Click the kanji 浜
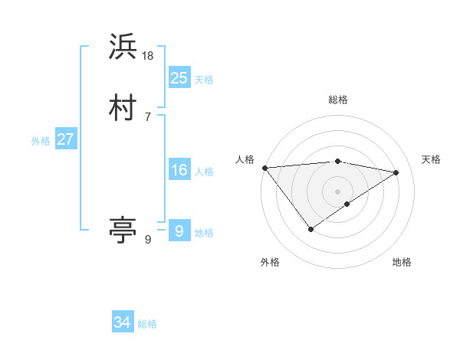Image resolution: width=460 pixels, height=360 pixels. [123, 47]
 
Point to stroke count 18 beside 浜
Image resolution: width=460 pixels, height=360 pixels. [148, 55]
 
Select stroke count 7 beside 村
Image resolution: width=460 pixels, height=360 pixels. [148, 116]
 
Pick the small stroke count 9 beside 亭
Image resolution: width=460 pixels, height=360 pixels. [148, 240]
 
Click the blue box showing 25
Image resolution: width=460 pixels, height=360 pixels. [179, 77]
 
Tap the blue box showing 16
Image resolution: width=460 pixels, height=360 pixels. [179, 171]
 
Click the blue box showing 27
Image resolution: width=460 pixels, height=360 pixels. [66, 139]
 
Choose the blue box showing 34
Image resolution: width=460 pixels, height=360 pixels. [123, 322]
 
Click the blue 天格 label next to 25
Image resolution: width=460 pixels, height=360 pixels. [204, 80]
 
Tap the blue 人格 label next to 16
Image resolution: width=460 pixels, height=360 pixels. [204, 172]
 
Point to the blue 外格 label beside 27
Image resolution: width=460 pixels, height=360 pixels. [41, 141]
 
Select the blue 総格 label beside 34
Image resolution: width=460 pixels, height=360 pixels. [147, 324]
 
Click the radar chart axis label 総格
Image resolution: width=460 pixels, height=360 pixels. [337, 100]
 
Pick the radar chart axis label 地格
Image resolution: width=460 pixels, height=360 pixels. [402, 262]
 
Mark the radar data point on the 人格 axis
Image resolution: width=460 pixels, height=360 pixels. [264, 168]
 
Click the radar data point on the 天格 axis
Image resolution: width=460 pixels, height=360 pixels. [396, 172]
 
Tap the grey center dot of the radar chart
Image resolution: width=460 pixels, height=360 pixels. [337, 191]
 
